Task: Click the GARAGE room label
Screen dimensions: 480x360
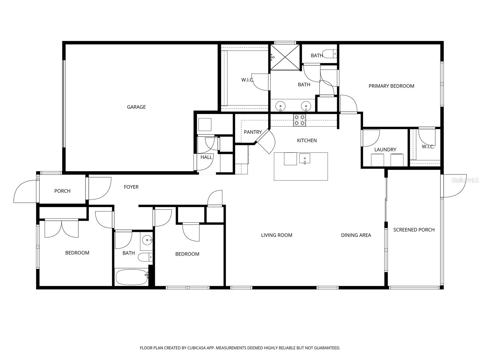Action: pos(136,107)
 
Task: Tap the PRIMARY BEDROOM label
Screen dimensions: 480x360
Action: pos(391,86)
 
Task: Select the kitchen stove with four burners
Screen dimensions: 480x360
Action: pos(299,120)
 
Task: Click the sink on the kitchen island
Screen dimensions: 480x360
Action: pos(304,159)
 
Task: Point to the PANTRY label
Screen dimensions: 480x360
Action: pos(253,132)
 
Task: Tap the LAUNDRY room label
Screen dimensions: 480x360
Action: pos(385,150)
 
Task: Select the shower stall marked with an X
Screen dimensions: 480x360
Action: pos(285,57)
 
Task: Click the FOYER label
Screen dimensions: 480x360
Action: pos(131,187)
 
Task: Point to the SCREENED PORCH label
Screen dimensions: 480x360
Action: pos(414,230)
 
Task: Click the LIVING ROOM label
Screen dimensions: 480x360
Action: pos(276,235)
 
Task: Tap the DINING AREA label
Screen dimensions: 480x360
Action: pos(356,235)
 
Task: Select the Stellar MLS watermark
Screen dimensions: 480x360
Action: pos(465,180)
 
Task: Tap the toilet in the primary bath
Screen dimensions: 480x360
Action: pos(330,54)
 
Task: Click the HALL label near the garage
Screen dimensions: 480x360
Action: pos(206,157)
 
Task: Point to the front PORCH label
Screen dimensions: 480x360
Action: pos(62,191)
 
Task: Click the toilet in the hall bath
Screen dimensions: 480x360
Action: pos(145,257)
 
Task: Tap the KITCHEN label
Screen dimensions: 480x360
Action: pos(307,140)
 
